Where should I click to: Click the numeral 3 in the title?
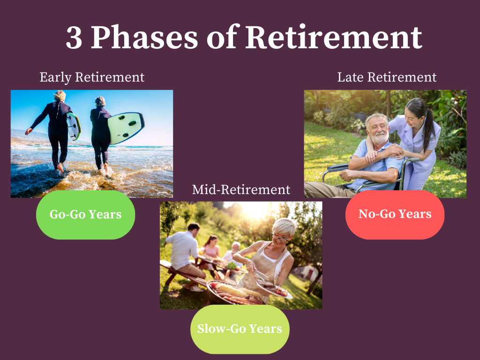click(x=74, y=37)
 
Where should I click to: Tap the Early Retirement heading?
click(x=92, y=77)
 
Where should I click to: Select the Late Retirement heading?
click(x=387, y=77)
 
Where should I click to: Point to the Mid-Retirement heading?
click(x=241, y=190)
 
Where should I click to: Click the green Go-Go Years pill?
click(x=85, y=215)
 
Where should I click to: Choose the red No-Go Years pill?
click(x=395, y=215)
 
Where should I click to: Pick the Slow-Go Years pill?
click(x=240, y=329)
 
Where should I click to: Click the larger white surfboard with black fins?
click(x=126, y=127)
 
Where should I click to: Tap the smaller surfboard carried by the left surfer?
click(x=74, y=126)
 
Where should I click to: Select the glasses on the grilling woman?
click(x=279, y=238)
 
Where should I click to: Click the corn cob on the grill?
click(x=232, y=290)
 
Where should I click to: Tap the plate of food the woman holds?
click(x=274, y=289)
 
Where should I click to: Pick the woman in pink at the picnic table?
click(x=211, y=248)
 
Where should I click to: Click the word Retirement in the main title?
click(x=334, y=37)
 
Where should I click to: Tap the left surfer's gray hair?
click(x=60, y=96)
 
